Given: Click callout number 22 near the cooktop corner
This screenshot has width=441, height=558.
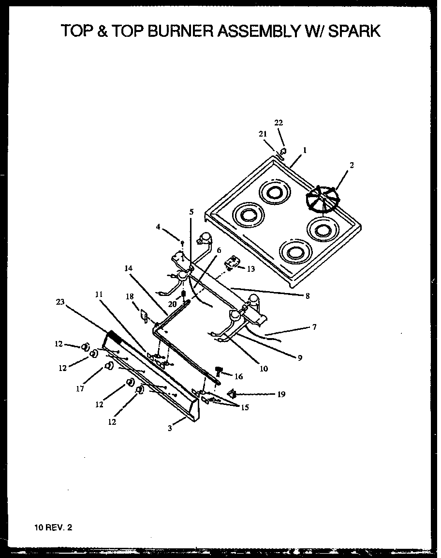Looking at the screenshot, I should (279, 123).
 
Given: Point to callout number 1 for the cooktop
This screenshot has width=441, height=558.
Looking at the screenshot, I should (305, 151).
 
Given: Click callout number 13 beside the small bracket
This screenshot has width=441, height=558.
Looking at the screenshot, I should (250, 269).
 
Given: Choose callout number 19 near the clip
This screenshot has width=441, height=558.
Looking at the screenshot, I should (281, 394).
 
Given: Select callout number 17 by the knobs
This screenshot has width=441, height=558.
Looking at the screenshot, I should (80, 388).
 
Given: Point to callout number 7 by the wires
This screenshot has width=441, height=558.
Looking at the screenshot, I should (314, 327).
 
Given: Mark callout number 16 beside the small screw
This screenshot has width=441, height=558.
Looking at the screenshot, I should (238, 376).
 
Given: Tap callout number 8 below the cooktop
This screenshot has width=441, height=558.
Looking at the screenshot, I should (307, 296).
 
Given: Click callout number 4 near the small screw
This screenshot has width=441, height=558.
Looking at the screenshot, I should (158, 226).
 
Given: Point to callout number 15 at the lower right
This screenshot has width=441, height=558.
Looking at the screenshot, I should (245, 407).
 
